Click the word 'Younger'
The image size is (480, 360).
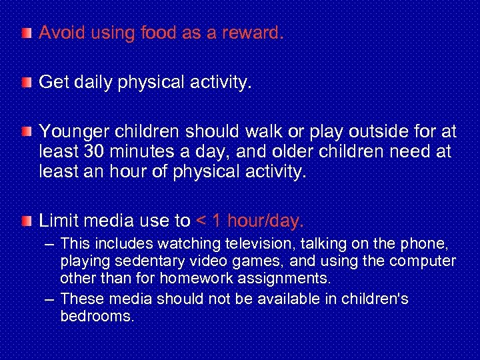coord(69,131)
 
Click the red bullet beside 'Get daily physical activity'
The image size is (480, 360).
coord(25,82)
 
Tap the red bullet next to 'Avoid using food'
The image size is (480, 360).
coord(25,33)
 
